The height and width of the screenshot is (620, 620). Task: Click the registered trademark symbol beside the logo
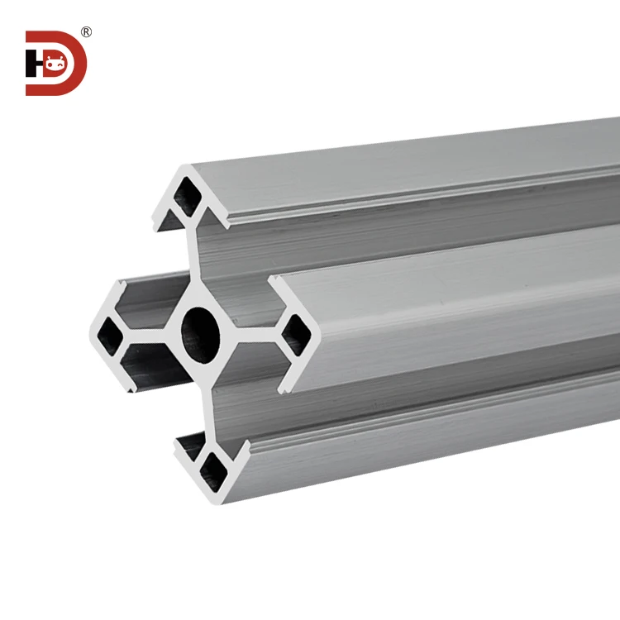86,32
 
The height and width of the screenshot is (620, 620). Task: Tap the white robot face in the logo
55,63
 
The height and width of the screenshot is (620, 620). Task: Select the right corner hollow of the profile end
296,335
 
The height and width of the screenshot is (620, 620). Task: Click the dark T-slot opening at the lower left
149,376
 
